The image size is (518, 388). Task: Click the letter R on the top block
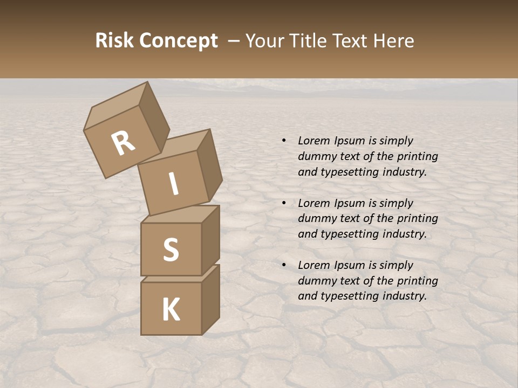pos(123,143)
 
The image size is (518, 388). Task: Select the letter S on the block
pos(171,250)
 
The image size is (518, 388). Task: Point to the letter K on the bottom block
pos(171,310)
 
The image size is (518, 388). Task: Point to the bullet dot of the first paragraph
pos(283,141)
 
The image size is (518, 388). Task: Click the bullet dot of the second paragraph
pos(283,203)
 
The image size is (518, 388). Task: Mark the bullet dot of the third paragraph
pos(283,265)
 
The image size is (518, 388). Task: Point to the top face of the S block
pos(180,214)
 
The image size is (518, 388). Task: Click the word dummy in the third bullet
pos(316,281)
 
